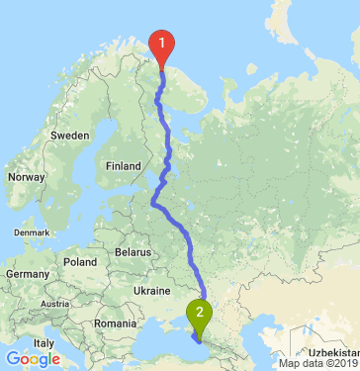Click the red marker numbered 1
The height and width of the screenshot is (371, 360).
pos(160,44)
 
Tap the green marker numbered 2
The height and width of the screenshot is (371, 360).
pos(201,316)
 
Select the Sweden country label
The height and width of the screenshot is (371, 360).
pos(71,134)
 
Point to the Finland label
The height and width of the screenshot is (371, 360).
pos(125,165)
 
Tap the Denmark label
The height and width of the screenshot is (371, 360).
pos(30,232)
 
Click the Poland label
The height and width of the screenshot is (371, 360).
pos(79,262)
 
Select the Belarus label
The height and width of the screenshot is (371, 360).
pos(132,252)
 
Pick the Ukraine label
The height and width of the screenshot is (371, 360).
pos(152,291)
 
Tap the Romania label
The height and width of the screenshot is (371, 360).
pos(114,324)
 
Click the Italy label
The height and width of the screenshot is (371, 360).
pos(44,343)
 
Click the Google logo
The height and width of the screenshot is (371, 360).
pos(33,358)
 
